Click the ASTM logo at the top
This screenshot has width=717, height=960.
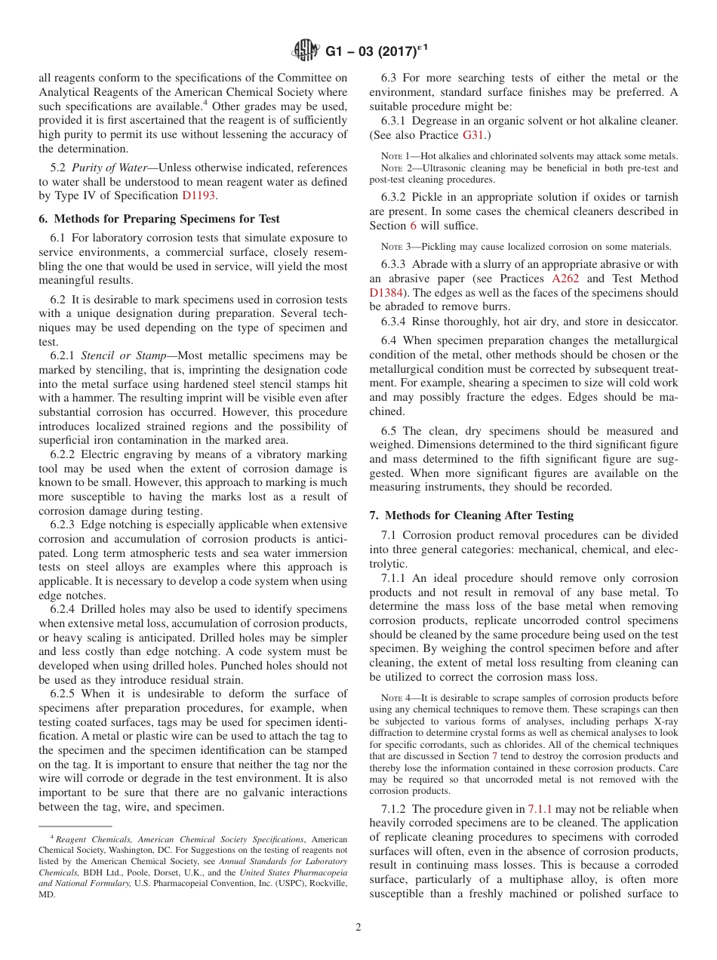point(306,51)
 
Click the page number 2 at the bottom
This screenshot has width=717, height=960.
point(358,928)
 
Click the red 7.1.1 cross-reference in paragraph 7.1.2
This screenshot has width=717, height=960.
point(540,808)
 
